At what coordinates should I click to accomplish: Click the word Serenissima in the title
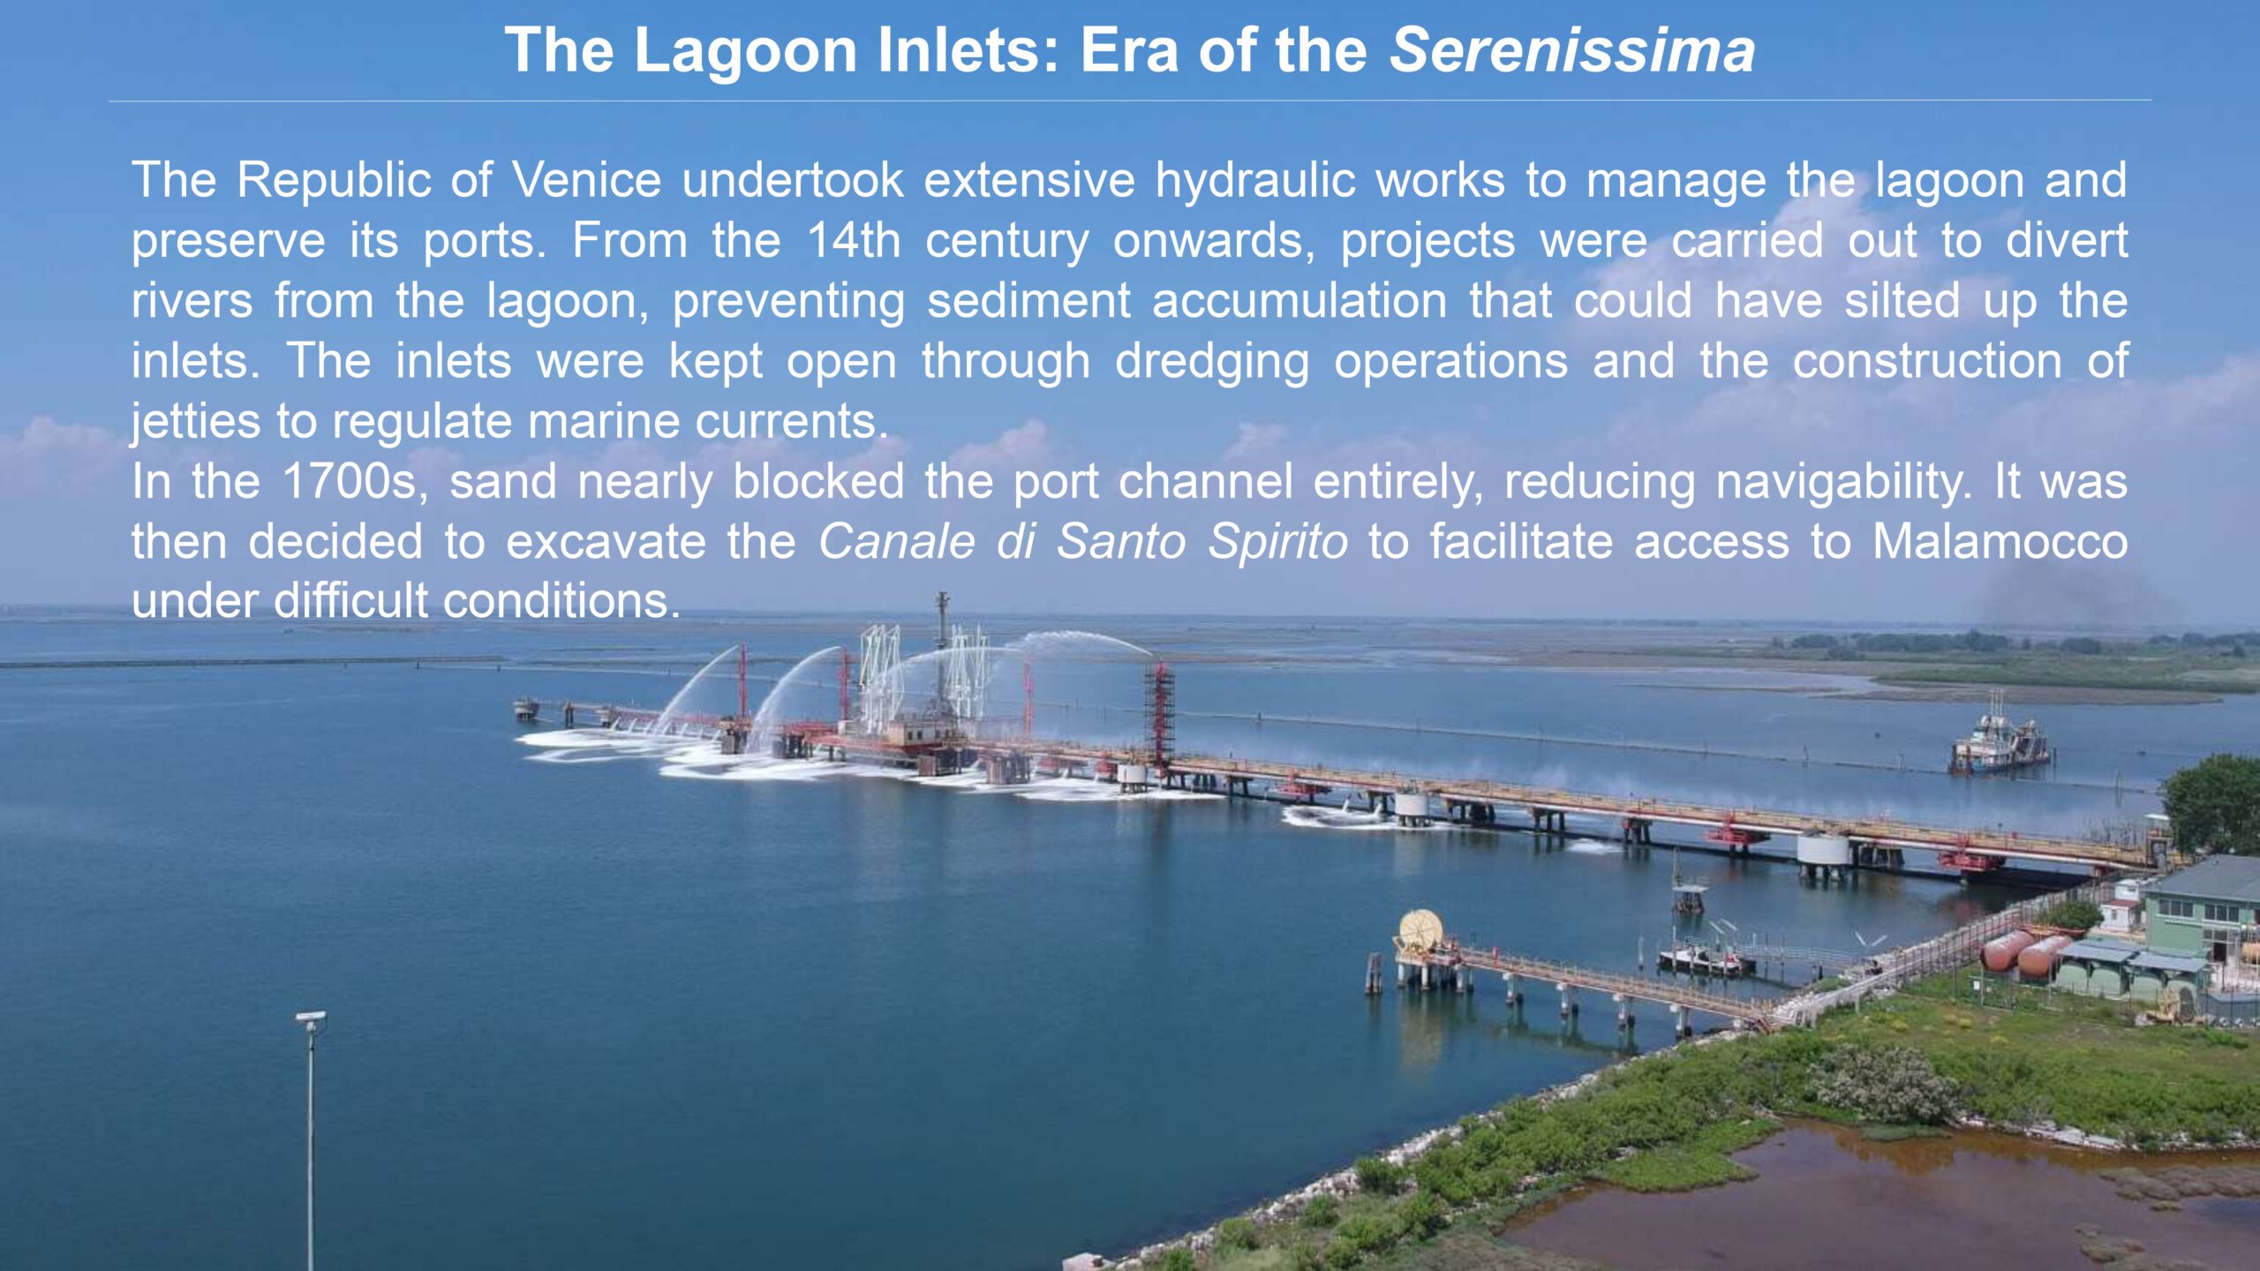(x=1572, y=49)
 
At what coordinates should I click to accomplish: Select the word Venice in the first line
(x=587, y=180)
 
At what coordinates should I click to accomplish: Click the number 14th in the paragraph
(x=854, y=240)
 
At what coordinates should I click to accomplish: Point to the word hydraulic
(x=1254, y=182)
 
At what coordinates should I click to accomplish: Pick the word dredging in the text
(x=1212, y=363)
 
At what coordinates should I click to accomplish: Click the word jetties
(x=194, y=422)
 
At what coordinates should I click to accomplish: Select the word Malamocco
(x=2000, y=541)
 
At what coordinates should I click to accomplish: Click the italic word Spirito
(x=1277, y=542)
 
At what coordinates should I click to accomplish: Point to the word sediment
(x=1028, y=301)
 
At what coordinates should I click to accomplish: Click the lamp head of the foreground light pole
(x=311, y=1019)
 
